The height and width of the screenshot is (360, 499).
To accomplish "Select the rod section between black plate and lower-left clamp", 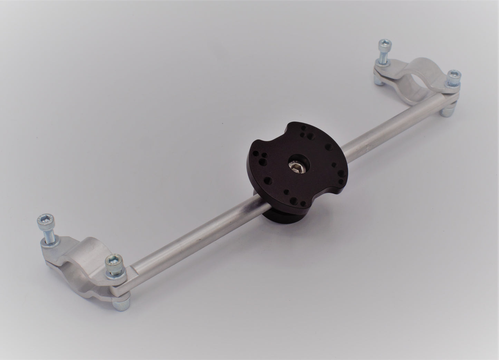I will (x=193, y=238).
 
